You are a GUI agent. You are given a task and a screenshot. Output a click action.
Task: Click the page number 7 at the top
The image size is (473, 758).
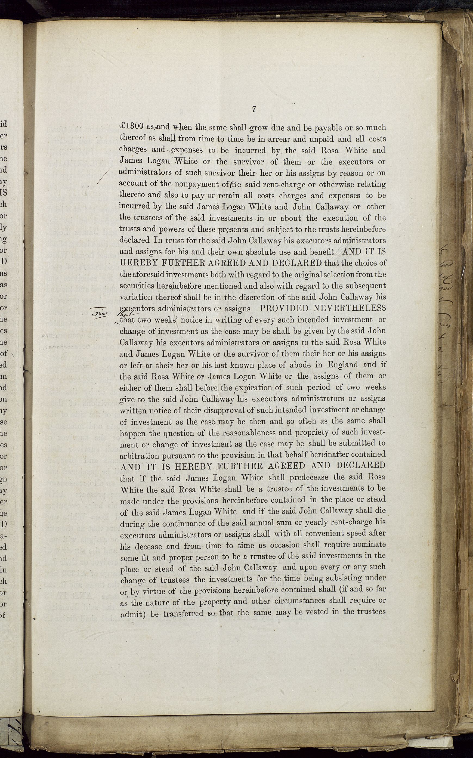pyautogui.click(x=254, y=109)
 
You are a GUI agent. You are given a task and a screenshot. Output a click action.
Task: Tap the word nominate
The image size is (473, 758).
pyautogui.click(x=369, y=544)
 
